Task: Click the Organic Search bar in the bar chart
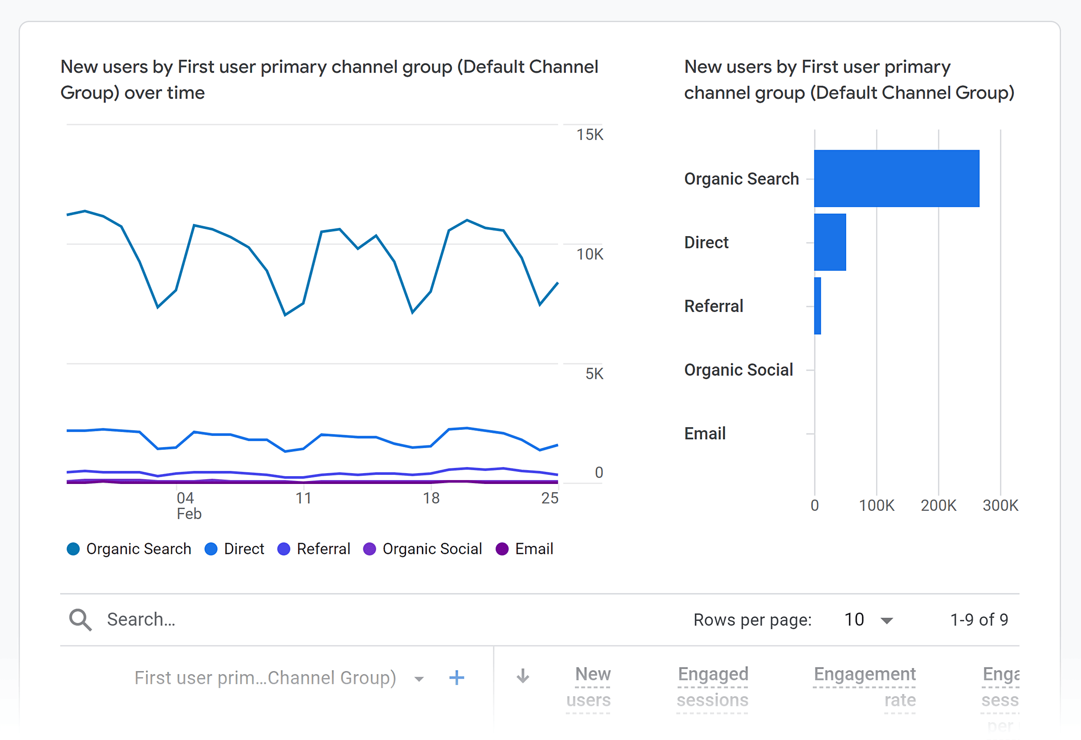pyautogui.click(x=896, y=179)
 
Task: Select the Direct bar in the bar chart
pyautogui.click(x=830, y=242)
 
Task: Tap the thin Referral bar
pyautogui.click(x=817, y=306)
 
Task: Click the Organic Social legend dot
pyautogui.click(x=369, y=549)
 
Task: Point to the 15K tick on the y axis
pyautogui.click(x=589, y=135)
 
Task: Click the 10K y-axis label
pyautogui.click(x=589, y=254)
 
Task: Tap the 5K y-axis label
pyautogui.click(x=594, y=374)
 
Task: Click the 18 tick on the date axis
pyautogui.click(x=431, y=499)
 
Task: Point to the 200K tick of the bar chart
pyautogui.click(x=938, y=506)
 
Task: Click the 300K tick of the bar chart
pyautogui.click(x=1000, y=506)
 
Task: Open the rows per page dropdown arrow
pyautogui.click(x=887, y=621)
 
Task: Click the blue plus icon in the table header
pyautogui.click(x=456, y=678)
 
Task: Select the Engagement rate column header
pyautogui.click(x=865, y=686)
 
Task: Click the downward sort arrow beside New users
pyautogui.click(x=523, y=676)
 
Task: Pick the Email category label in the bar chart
pyautogui.click(x=704, y=433)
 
